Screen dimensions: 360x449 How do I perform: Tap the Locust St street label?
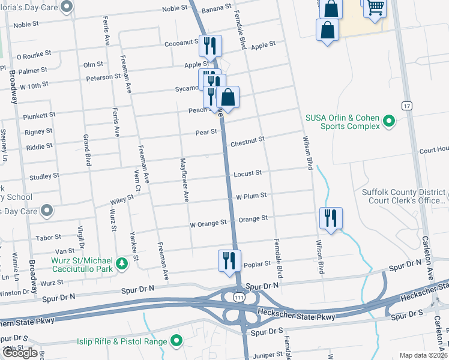point(248,173)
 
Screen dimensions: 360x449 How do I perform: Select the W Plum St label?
point(251,196)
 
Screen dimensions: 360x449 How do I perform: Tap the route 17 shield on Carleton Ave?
point(407,106)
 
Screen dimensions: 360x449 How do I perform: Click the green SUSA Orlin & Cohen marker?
point(389,122)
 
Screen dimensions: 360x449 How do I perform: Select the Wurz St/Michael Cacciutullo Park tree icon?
point(122,263)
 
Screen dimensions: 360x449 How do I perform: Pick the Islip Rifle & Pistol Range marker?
point(176,342)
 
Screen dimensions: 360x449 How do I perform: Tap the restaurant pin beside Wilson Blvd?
point(330,218)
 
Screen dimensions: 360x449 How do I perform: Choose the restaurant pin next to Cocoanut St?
point(210,46)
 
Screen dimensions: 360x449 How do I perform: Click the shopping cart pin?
point(375,8)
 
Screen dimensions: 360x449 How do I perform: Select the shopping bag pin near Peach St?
point(228,97)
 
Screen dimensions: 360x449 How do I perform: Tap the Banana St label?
point(216,7)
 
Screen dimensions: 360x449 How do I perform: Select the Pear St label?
point(206,131)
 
